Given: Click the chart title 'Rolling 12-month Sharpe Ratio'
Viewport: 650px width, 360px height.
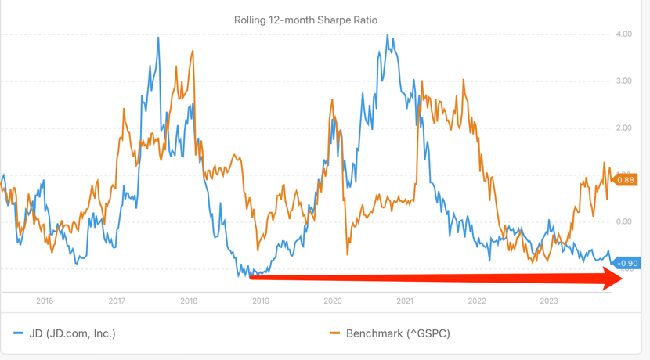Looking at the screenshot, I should [305, 20].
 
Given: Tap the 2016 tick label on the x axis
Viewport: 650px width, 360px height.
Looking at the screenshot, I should [45, 301].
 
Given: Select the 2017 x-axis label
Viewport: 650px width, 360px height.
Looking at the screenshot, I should [117, 301].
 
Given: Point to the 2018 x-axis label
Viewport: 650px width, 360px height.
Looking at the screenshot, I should [189, 301].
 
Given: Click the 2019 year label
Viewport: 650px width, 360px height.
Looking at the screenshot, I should [261, 301].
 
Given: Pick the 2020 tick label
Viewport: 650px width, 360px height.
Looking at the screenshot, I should [333, 301].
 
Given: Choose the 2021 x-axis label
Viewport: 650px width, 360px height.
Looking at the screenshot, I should [405, 301].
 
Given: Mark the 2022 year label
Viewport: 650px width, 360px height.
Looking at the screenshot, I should [477, 301].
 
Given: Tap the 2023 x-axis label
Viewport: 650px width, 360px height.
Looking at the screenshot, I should [549, 301].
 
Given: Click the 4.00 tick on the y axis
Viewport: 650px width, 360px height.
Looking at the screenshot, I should [623, 34].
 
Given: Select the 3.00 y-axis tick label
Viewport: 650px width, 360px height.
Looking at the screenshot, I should [623, 81].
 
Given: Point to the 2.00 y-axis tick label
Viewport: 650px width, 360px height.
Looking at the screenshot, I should [623, 128].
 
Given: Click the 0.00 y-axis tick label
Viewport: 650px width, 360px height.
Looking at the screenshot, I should [623, 222].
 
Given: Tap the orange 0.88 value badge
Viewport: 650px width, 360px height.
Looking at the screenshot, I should [626, 180].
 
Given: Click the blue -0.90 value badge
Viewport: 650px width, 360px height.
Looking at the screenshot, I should [627, 264].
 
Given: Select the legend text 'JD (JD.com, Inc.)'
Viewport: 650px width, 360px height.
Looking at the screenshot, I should [72, 333].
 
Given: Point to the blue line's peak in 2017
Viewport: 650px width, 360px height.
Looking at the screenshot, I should [158, 38].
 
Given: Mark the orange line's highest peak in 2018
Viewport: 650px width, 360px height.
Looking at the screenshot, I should [193, 52].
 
